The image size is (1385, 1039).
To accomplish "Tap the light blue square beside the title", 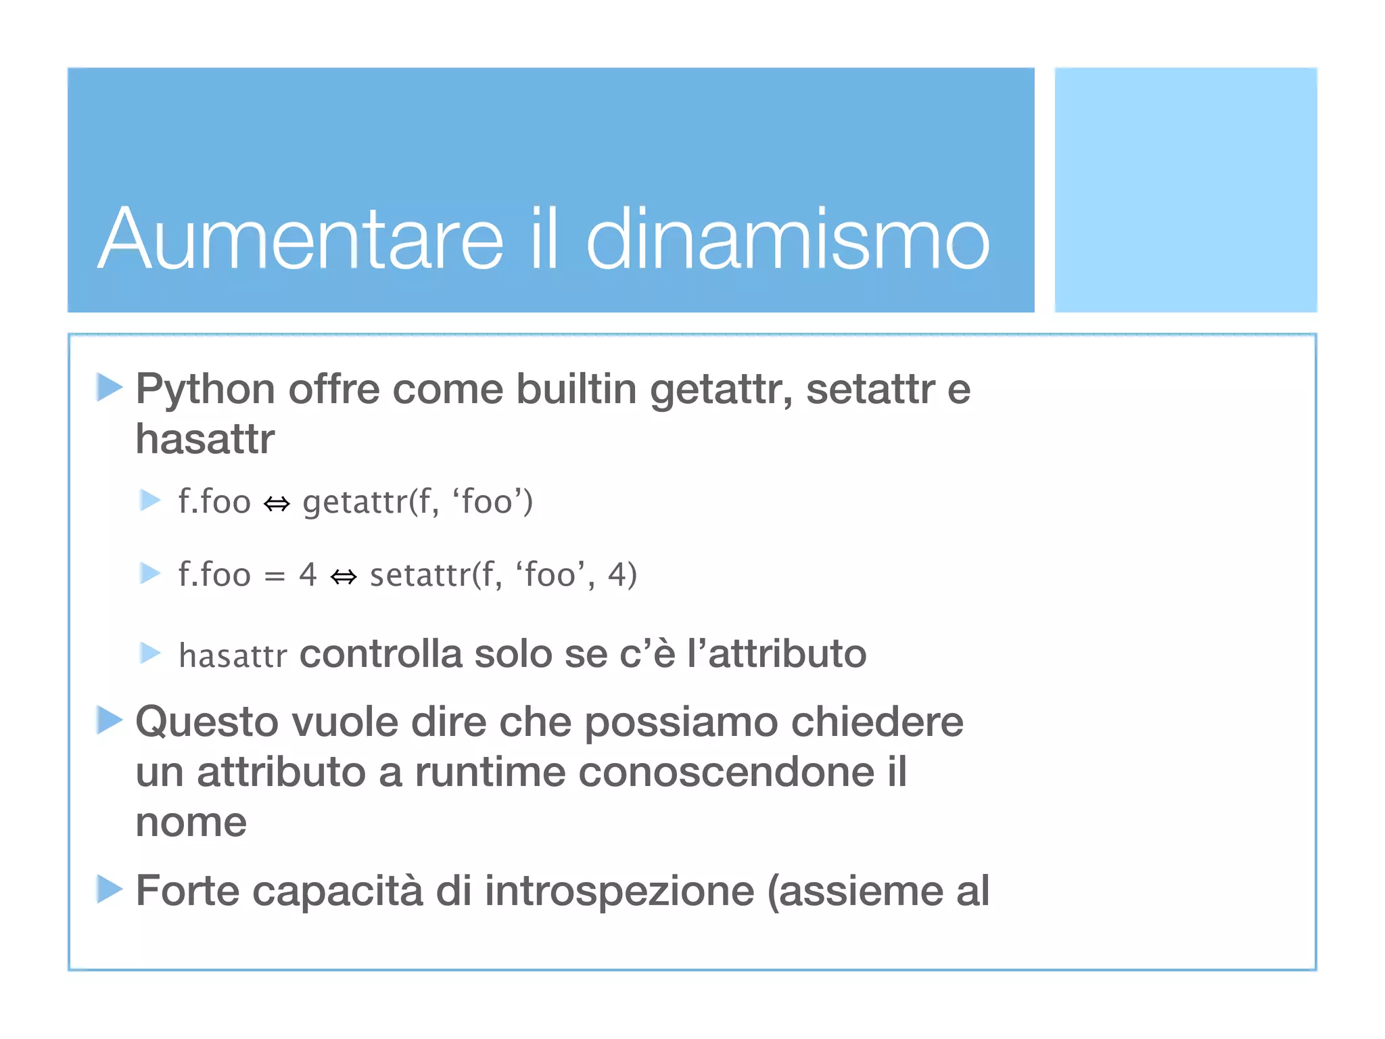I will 1185,189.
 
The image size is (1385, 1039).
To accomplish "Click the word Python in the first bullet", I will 205,390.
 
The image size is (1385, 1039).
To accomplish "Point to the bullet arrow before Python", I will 109,387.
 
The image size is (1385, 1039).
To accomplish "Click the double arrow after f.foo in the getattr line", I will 277,503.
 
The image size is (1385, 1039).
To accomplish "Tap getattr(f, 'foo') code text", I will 417,502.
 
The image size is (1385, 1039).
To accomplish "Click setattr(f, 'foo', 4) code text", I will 503,575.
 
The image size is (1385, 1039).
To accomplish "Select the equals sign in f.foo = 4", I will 275,576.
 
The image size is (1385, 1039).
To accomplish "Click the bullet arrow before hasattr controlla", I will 149,653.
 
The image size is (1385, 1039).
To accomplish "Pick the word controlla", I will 381,654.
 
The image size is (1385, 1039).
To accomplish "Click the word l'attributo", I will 776,654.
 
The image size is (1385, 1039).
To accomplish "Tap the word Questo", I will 207,722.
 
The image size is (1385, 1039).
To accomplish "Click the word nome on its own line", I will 191,823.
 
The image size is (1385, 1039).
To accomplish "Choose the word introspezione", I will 619,891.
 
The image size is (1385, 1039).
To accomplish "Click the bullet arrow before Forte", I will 109,888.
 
